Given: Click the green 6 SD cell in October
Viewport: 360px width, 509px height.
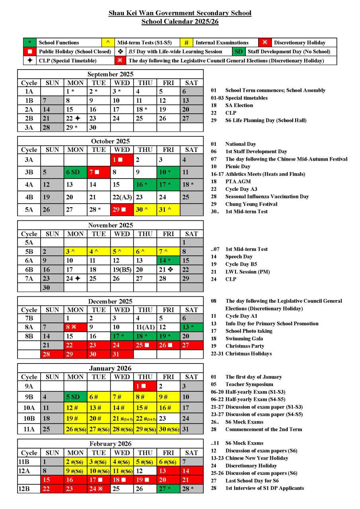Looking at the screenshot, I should click(76, 173).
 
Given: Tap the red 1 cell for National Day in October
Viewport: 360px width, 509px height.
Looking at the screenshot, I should click(122, 160).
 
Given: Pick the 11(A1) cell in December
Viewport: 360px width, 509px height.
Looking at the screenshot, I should click(145, 327).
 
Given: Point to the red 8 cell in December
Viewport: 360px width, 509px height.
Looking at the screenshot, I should click(76, 327).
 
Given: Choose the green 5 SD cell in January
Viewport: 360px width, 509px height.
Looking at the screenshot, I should click(76, 396).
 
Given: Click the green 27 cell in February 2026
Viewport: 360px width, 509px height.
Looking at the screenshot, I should click(168, 489).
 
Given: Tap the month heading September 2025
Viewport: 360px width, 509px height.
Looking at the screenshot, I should click(110, 74).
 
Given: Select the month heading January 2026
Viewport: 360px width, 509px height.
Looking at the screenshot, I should click(110, 368).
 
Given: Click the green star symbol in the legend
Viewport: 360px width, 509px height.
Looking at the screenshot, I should click(30, 43).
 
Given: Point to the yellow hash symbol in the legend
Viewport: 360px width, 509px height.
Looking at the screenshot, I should click(186, 43).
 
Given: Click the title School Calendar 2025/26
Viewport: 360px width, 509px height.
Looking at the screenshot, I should click(180, 21).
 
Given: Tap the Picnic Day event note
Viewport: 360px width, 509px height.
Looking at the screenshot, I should click(237, 167).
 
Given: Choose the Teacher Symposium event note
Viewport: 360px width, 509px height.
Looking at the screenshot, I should click(249, 385).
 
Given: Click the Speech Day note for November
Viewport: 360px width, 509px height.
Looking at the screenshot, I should click(239, 256).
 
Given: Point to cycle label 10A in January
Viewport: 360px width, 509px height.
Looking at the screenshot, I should click(29, 408).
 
